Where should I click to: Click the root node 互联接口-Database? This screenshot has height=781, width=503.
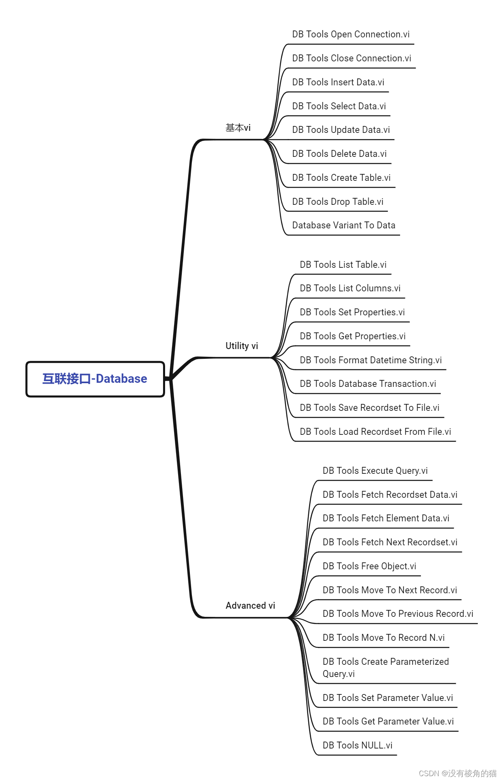[x=95, y=379]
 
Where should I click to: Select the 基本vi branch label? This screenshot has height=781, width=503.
[x=238, y=128]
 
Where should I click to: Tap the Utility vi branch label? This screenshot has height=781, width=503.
[x=242, y=346]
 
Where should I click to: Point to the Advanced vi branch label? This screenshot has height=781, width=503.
[x=250, y=605]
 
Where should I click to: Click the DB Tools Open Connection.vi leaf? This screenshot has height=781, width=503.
[x=351, y=35]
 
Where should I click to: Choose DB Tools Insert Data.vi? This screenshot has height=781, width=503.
[x=338, y=82]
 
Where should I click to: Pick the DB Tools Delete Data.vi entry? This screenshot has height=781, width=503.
[x=339, y=154]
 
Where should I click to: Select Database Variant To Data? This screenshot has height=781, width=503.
[x=344, y=226]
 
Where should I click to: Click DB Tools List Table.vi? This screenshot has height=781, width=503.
[x=343, y=265]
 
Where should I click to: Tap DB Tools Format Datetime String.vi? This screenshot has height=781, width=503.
[x=370, y=360]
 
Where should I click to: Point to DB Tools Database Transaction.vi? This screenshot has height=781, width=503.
[x=368, y=384]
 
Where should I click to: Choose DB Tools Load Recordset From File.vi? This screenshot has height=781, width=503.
[x=375, y=432]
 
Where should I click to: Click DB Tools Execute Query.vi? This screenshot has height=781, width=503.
[x=375, y=471]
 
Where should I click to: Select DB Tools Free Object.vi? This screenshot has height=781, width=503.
[x=369, y=566]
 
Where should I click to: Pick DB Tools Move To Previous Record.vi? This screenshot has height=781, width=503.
[x=398, y=614]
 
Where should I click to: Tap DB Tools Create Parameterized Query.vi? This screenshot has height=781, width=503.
[x=385, y=668]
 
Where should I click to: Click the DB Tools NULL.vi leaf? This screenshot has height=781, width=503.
[x=357, y=746]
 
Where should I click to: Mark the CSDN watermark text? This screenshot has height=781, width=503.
[x=457, y=773]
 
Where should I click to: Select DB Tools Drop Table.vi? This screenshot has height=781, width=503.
[x=338, y=202]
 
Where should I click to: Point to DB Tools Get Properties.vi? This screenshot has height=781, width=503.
[x=353, y=336]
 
